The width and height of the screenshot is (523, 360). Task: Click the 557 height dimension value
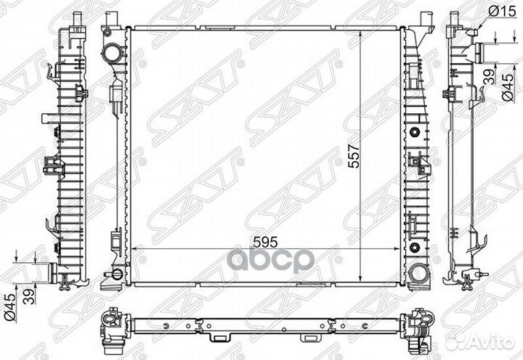[x=354, y=155]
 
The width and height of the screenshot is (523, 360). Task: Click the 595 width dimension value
[x=265, y=242]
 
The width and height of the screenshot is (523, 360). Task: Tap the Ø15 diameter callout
[x=502, y=12]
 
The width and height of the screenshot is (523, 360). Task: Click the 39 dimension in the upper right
[x=489, y=78]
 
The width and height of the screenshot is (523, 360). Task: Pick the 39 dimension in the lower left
[x=29, y=296]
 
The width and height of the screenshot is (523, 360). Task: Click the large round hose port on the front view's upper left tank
[x=111, y=54]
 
